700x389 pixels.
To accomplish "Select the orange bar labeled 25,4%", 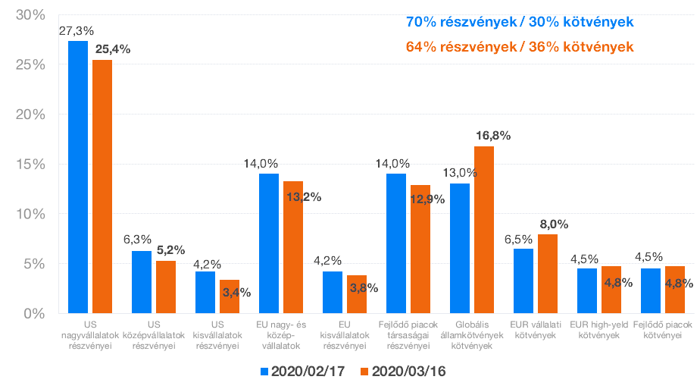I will tap(102, 187).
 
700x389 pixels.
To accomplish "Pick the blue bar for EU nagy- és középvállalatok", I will tap(269, 243).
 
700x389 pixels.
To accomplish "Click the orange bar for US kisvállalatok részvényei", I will tap(230, 296).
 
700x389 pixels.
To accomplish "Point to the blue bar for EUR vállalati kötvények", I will tap(523, 281).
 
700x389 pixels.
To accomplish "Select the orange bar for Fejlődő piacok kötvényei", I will tap(674, 290).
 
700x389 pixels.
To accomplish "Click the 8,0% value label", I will tap(554, 224).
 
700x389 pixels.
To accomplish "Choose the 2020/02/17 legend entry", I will tap(301, 372).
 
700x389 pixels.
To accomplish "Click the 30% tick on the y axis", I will tap(31, 16).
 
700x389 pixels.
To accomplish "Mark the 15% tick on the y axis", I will tap(31, 165).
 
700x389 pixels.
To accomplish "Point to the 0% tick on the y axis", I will tap(35, 313).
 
